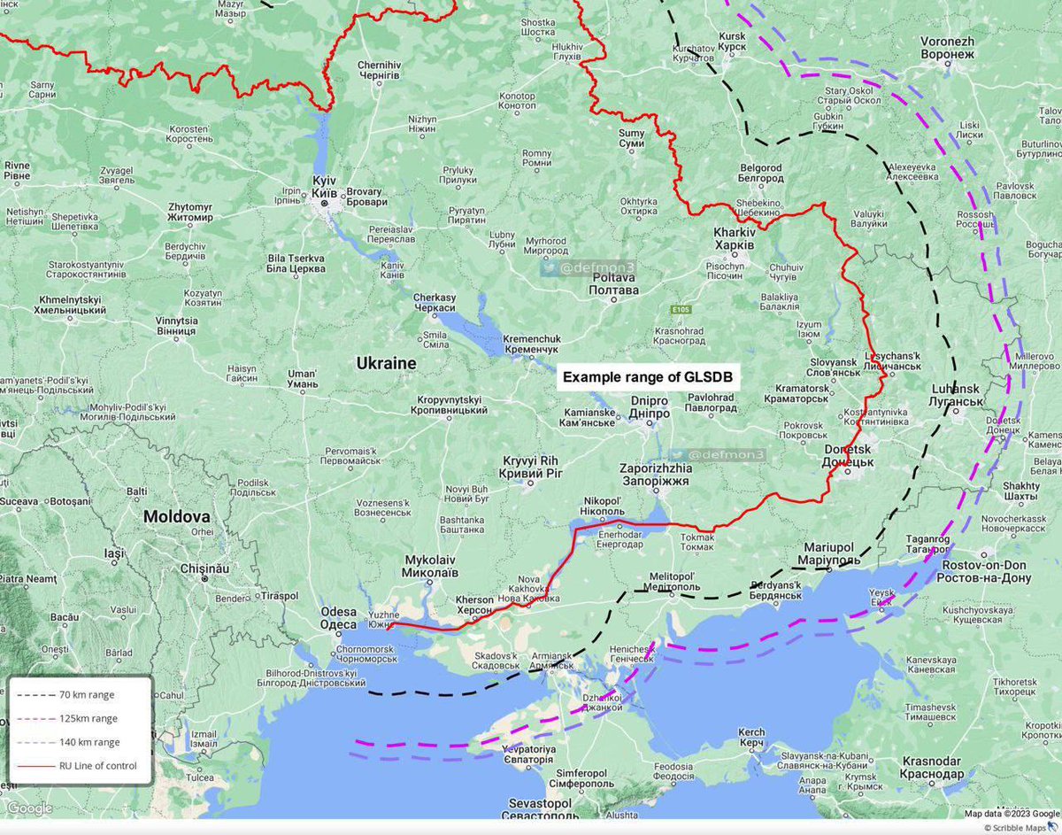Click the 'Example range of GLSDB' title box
pos(649,377)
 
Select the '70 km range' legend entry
pos(86,695)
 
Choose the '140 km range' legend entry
pos(88,742)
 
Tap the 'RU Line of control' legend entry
pos(97,765)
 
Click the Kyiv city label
pos(325,186)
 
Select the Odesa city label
pos(338,618)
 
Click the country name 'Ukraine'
pos(386,363)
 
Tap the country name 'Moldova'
pos(177,516)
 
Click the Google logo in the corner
pos(30,808)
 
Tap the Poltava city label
pos(614,283)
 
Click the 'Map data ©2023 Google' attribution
pos(1011,814)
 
